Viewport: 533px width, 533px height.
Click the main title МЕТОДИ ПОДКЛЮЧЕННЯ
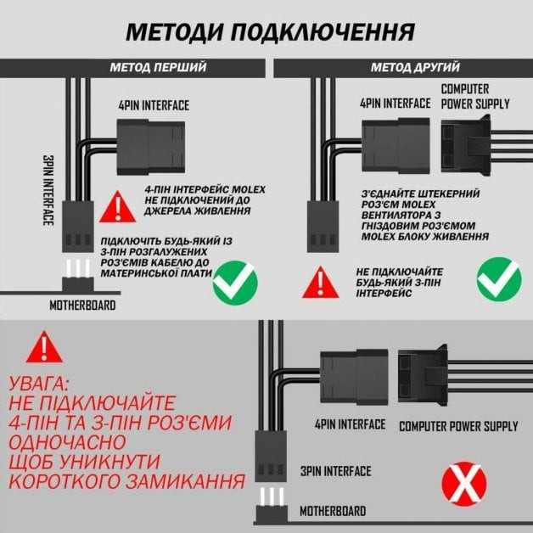[x=270, y=32]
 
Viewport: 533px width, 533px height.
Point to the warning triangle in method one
[x=116, y=205]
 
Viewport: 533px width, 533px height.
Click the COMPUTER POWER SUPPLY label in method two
[x=475, y=97]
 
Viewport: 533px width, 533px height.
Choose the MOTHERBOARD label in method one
[x=82, y=305]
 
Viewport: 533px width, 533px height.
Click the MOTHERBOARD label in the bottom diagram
[x=333, y=511]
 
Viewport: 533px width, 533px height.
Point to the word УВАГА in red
[x=41, y=383]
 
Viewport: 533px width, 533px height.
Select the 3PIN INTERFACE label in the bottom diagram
[x=335, y=471]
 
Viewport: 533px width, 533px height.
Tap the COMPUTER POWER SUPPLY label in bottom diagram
[x=458, y=425]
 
